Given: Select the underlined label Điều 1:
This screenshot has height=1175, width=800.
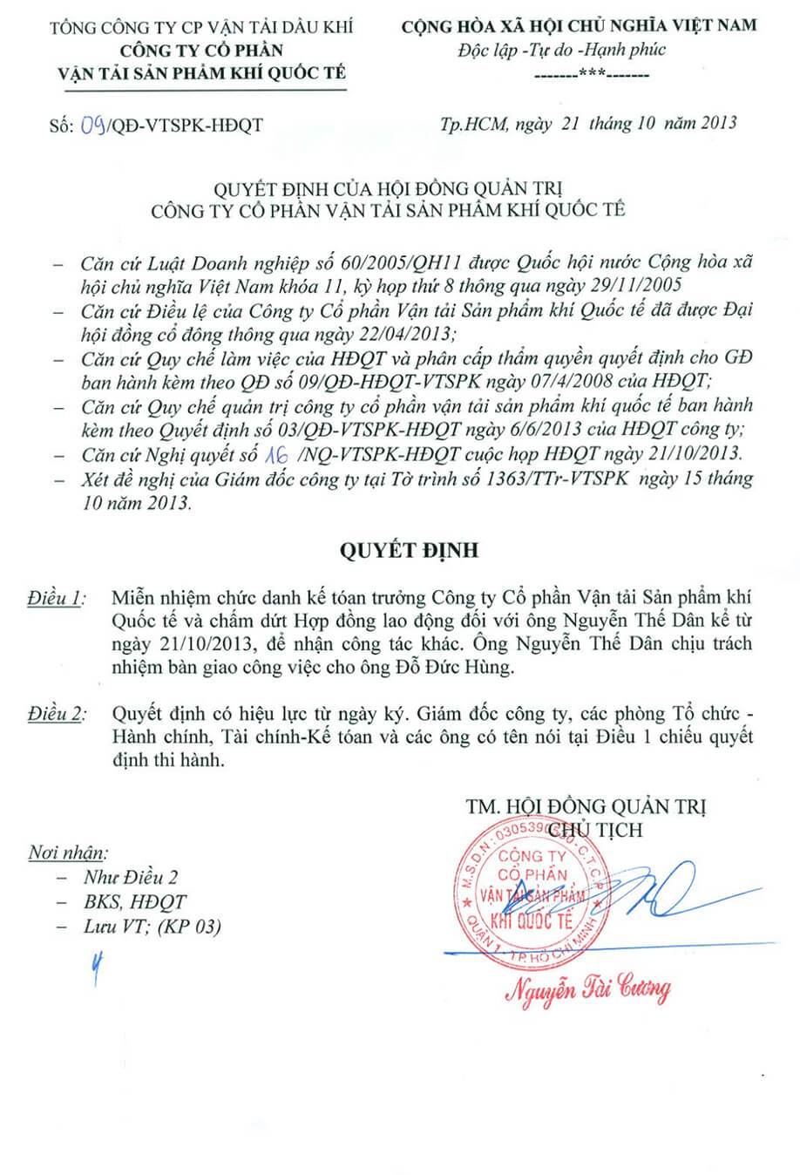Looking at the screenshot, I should [x=57, y=598].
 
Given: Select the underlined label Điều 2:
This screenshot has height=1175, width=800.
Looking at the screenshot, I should [x=57, y=714].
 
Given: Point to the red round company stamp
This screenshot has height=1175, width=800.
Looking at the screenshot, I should [x=532, y=889].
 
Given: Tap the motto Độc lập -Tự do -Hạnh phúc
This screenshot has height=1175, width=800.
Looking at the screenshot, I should [x=562, y=50].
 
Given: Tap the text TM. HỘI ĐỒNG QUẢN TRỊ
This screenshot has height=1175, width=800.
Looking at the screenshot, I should [x=586, y=806].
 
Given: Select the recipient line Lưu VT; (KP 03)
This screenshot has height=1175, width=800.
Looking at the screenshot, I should [x=152, y=927].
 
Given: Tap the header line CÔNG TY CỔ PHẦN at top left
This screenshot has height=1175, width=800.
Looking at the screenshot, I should [x=201, y=50].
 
